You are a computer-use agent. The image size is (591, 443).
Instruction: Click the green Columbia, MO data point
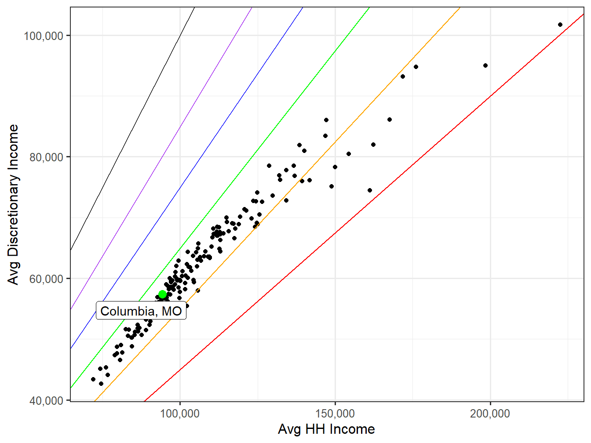(162, 294)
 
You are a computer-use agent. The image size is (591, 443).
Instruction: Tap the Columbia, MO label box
(141, 311)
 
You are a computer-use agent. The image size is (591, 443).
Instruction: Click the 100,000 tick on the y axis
(44, 36)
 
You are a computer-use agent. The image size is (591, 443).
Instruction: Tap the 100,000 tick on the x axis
(180, 414)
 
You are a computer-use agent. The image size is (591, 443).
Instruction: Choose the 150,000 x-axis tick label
(335, 414)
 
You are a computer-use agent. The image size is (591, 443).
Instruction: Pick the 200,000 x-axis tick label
(490, 414)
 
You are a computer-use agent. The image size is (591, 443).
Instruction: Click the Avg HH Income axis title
(326, 429)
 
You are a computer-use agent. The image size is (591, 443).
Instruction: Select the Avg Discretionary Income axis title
(14, 204)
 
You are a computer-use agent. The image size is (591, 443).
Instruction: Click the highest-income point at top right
(560, 25)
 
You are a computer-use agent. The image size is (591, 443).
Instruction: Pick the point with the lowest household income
(93, 379)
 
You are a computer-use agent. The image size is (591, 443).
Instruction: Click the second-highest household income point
(485, 65)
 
